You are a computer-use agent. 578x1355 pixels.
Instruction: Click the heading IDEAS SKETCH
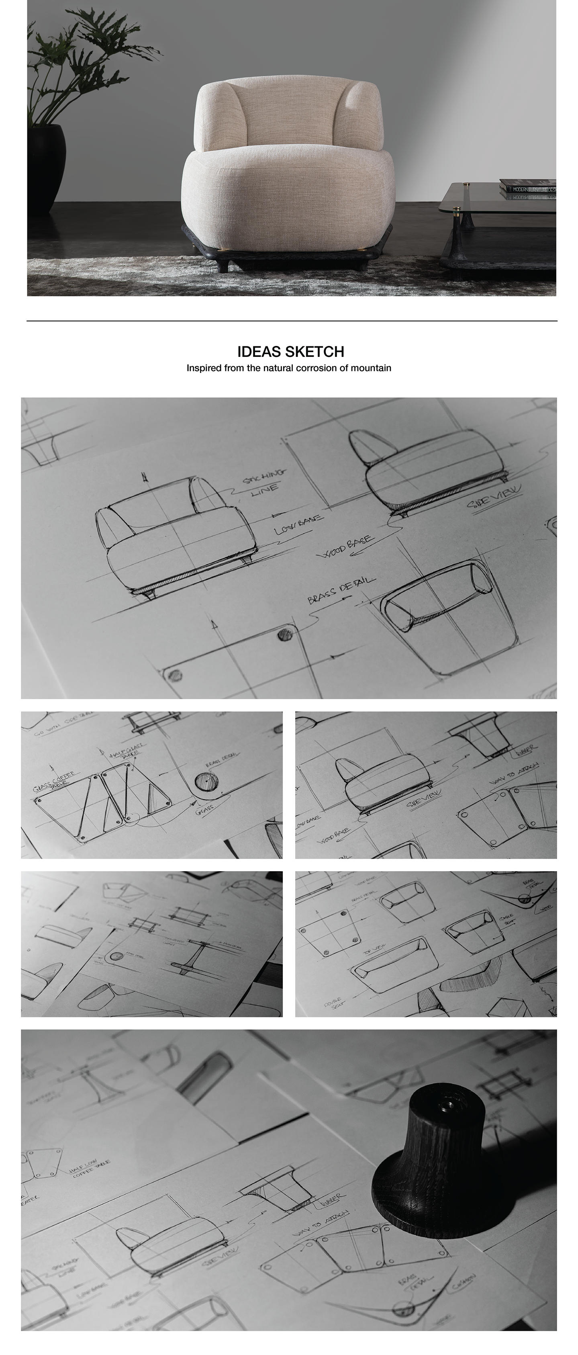[290, 351]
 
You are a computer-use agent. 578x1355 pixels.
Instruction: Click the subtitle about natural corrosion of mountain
[289, 368]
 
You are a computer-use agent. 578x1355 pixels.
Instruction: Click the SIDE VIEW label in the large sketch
[494, 497]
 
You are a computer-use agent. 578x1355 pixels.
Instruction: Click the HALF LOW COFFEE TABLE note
[90, 1168]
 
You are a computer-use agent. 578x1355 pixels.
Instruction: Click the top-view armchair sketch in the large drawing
[442, 616]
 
